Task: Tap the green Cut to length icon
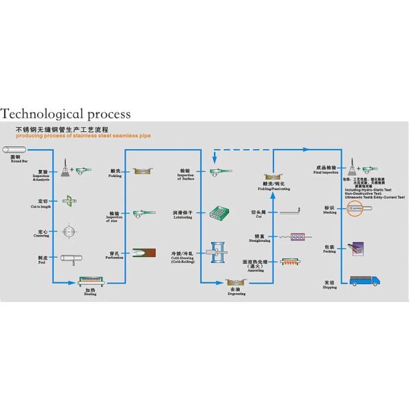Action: point(68,202)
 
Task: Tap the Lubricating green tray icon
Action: point(219,213)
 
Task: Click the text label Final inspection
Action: point(325,172)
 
